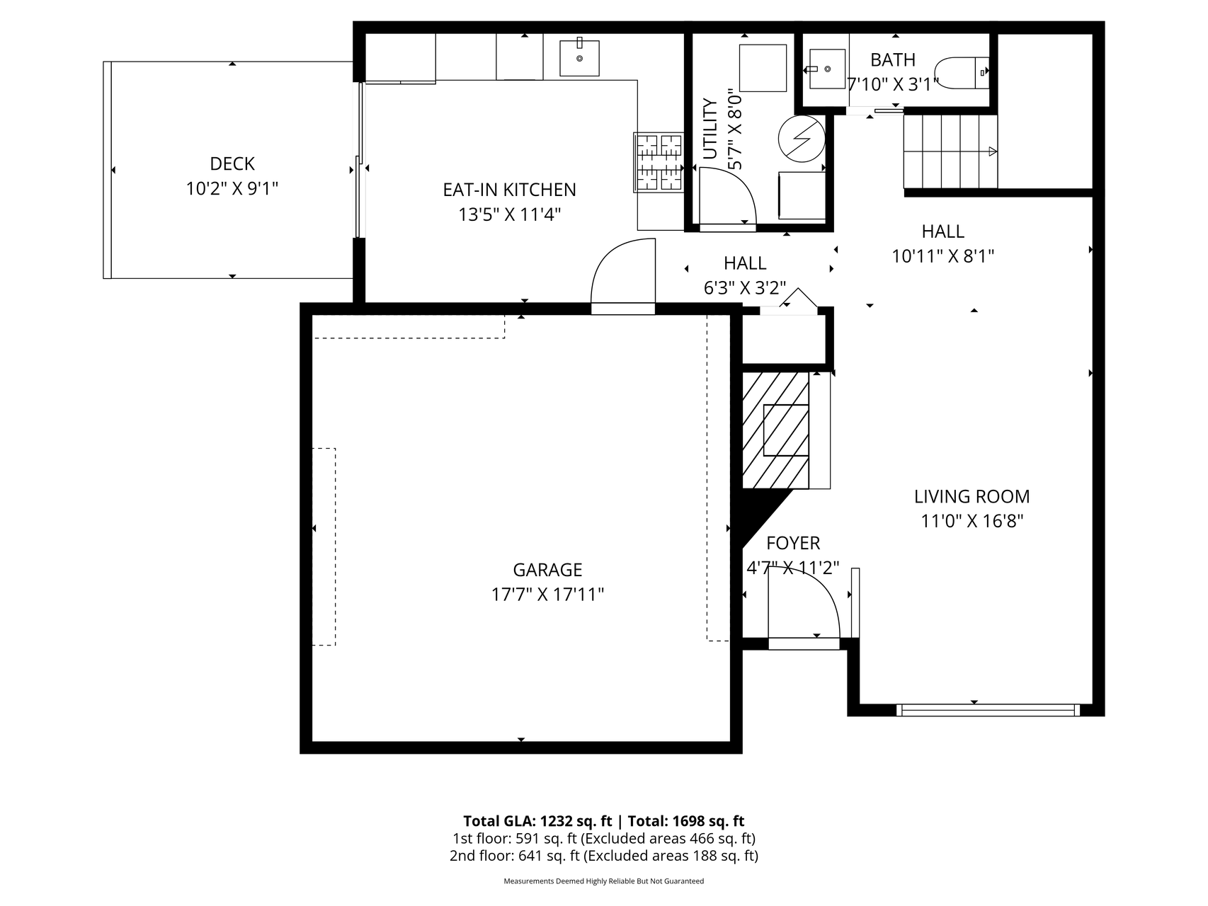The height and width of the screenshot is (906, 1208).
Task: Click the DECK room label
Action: [x=232, y=164]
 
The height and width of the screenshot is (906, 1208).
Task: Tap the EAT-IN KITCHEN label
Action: [x=510, y=190]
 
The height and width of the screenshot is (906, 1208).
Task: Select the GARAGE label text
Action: [x=547, y=570]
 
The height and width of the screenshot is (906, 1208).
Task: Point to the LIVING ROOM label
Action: [x=971, y=496]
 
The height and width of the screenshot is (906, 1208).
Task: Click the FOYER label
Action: [x=793, y=543]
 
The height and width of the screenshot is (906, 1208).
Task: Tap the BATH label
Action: [x=893, y=59]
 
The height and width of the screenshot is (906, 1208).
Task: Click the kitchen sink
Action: [x=579, y=57]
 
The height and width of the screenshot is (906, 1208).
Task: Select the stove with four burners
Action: [x=659, y=163]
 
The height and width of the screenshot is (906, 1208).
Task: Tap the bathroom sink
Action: [x=826, y=69]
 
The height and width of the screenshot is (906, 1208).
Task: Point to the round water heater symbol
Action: [x=802, y=139]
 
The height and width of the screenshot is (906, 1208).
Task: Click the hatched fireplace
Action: [x=775, y=430]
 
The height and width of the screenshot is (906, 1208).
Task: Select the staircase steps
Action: [x=950, y=151]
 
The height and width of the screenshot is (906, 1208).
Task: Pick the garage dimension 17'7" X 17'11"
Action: [x=547, y=594]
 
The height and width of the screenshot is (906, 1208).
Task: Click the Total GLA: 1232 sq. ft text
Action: [x=537, y=821]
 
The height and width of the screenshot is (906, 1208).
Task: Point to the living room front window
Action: [x=988, y=710]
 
